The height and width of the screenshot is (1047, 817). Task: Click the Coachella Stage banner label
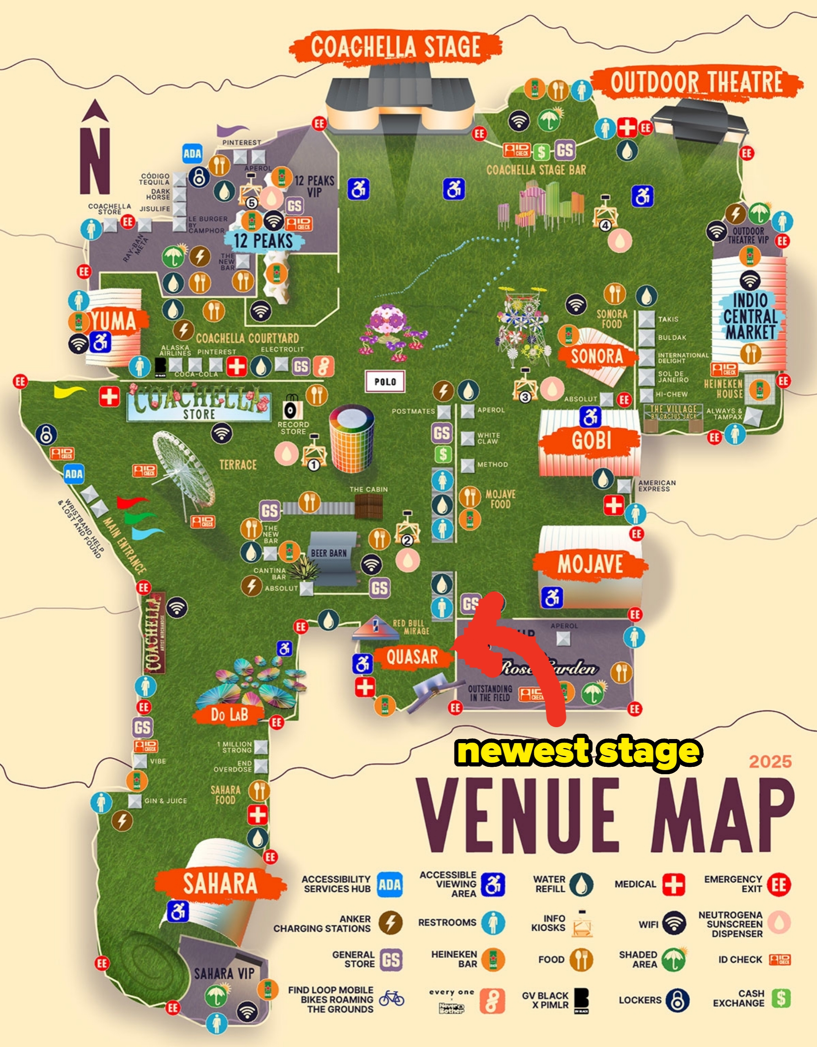395,47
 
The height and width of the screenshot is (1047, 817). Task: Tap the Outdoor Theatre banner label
696,83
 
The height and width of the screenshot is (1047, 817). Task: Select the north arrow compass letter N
95,161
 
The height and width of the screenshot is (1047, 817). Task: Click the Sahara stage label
220,883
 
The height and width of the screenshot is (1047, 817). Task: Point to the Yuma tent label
114,320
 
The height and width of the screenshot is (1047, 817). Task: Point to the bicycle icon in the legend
392,999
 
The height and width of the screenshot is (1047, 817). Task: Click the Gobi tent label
591,440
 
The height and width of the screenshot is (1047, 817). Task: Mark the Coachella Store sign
199,407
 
